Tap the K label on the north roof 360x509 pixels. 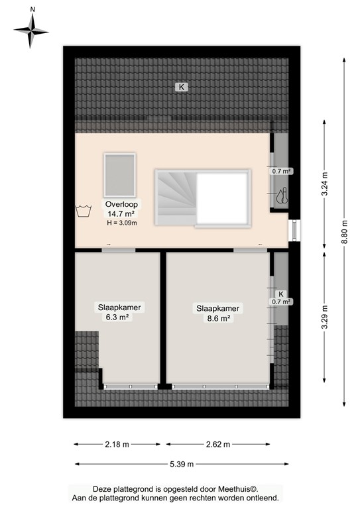(x=180, y=86)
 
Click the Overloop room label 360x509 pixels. (x=120, y=204)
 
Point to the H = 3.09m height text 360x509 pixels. (x=121, y=223)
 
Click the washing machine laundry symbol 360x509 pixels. (x=84, y=212)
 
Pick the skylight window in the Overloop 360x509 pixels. (x=119, y=174)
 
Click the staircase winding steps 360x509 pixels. (x=175, y=196)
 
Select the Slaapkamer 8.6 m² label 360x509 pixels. (x=217, y=313)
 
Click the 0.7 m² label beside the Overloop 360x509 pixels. (x=282, y=171)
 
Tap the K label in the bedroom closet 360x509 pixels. (x=281, y=294)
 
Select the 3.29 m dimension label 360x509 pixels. (x=324, y=317)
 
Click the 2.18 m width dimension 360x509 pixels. (x=117, y=444)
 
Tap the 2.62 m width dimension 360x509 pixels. (x=217, y=444)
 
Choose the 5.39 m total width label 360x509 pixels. (x=181, y=464)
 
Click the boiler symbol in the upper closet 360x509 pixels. (x=282, y=197)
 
